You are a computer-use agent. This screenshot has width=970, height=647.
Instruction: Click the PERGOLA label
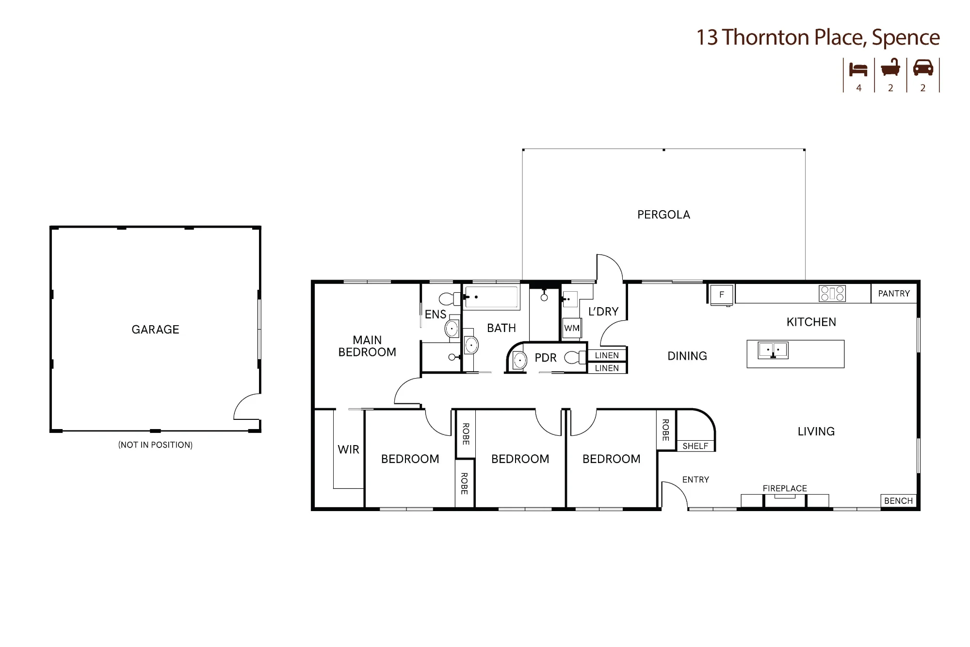coord(663,215)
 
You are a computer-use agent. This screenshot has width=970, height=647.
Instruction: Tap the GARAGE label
coord(155,330)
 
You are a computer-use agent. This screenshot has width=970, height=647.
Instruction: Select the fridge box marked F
coord(722,295)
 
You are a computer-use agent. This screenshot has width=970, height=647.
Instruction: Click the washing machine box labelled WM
coord(572,328)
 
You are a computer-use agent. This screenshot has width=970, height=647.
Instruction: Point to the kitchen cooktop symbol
coord(832,294)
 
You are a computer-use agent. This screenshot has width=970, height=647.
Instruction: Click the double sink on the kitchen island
coord(773,350)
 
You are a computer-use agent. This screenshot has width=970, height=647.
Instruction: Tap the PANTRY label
coord(894,294)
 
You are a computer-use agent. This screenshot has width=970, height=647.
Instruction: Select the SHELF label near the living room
coord(695,446)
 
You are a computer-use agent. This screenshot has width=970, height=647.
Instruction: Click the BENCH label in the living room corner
coord(898,501)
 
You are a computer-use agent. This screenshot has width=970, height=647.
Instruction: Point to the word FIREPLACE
coord(785,488)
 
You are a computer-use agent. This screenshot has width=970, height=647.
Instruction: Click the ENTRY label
coord(695,480)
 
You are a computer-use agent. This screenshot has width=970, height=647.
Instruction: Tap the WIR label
coord(348,449)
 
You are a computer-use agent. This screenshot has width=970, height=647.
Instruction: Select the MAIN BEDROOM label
coord(367,346)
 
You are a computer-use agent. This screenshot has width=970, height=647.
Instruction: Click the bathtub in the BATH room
coord(491,297)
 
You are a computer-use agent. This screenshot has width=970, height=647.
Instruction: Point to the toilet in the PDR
coord(575,358)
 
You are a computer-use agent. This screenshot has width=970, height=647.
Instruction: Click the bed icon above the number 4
coord(858,70)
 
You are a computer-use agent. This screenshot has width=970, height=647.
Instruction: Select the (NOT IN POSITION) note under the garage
coord(155,445)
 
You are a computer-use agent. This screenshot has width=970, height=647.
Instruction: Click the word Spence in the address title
coord(905,37)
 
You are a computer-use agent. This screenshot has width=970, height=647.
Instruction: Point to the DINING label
coord(687,356)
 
